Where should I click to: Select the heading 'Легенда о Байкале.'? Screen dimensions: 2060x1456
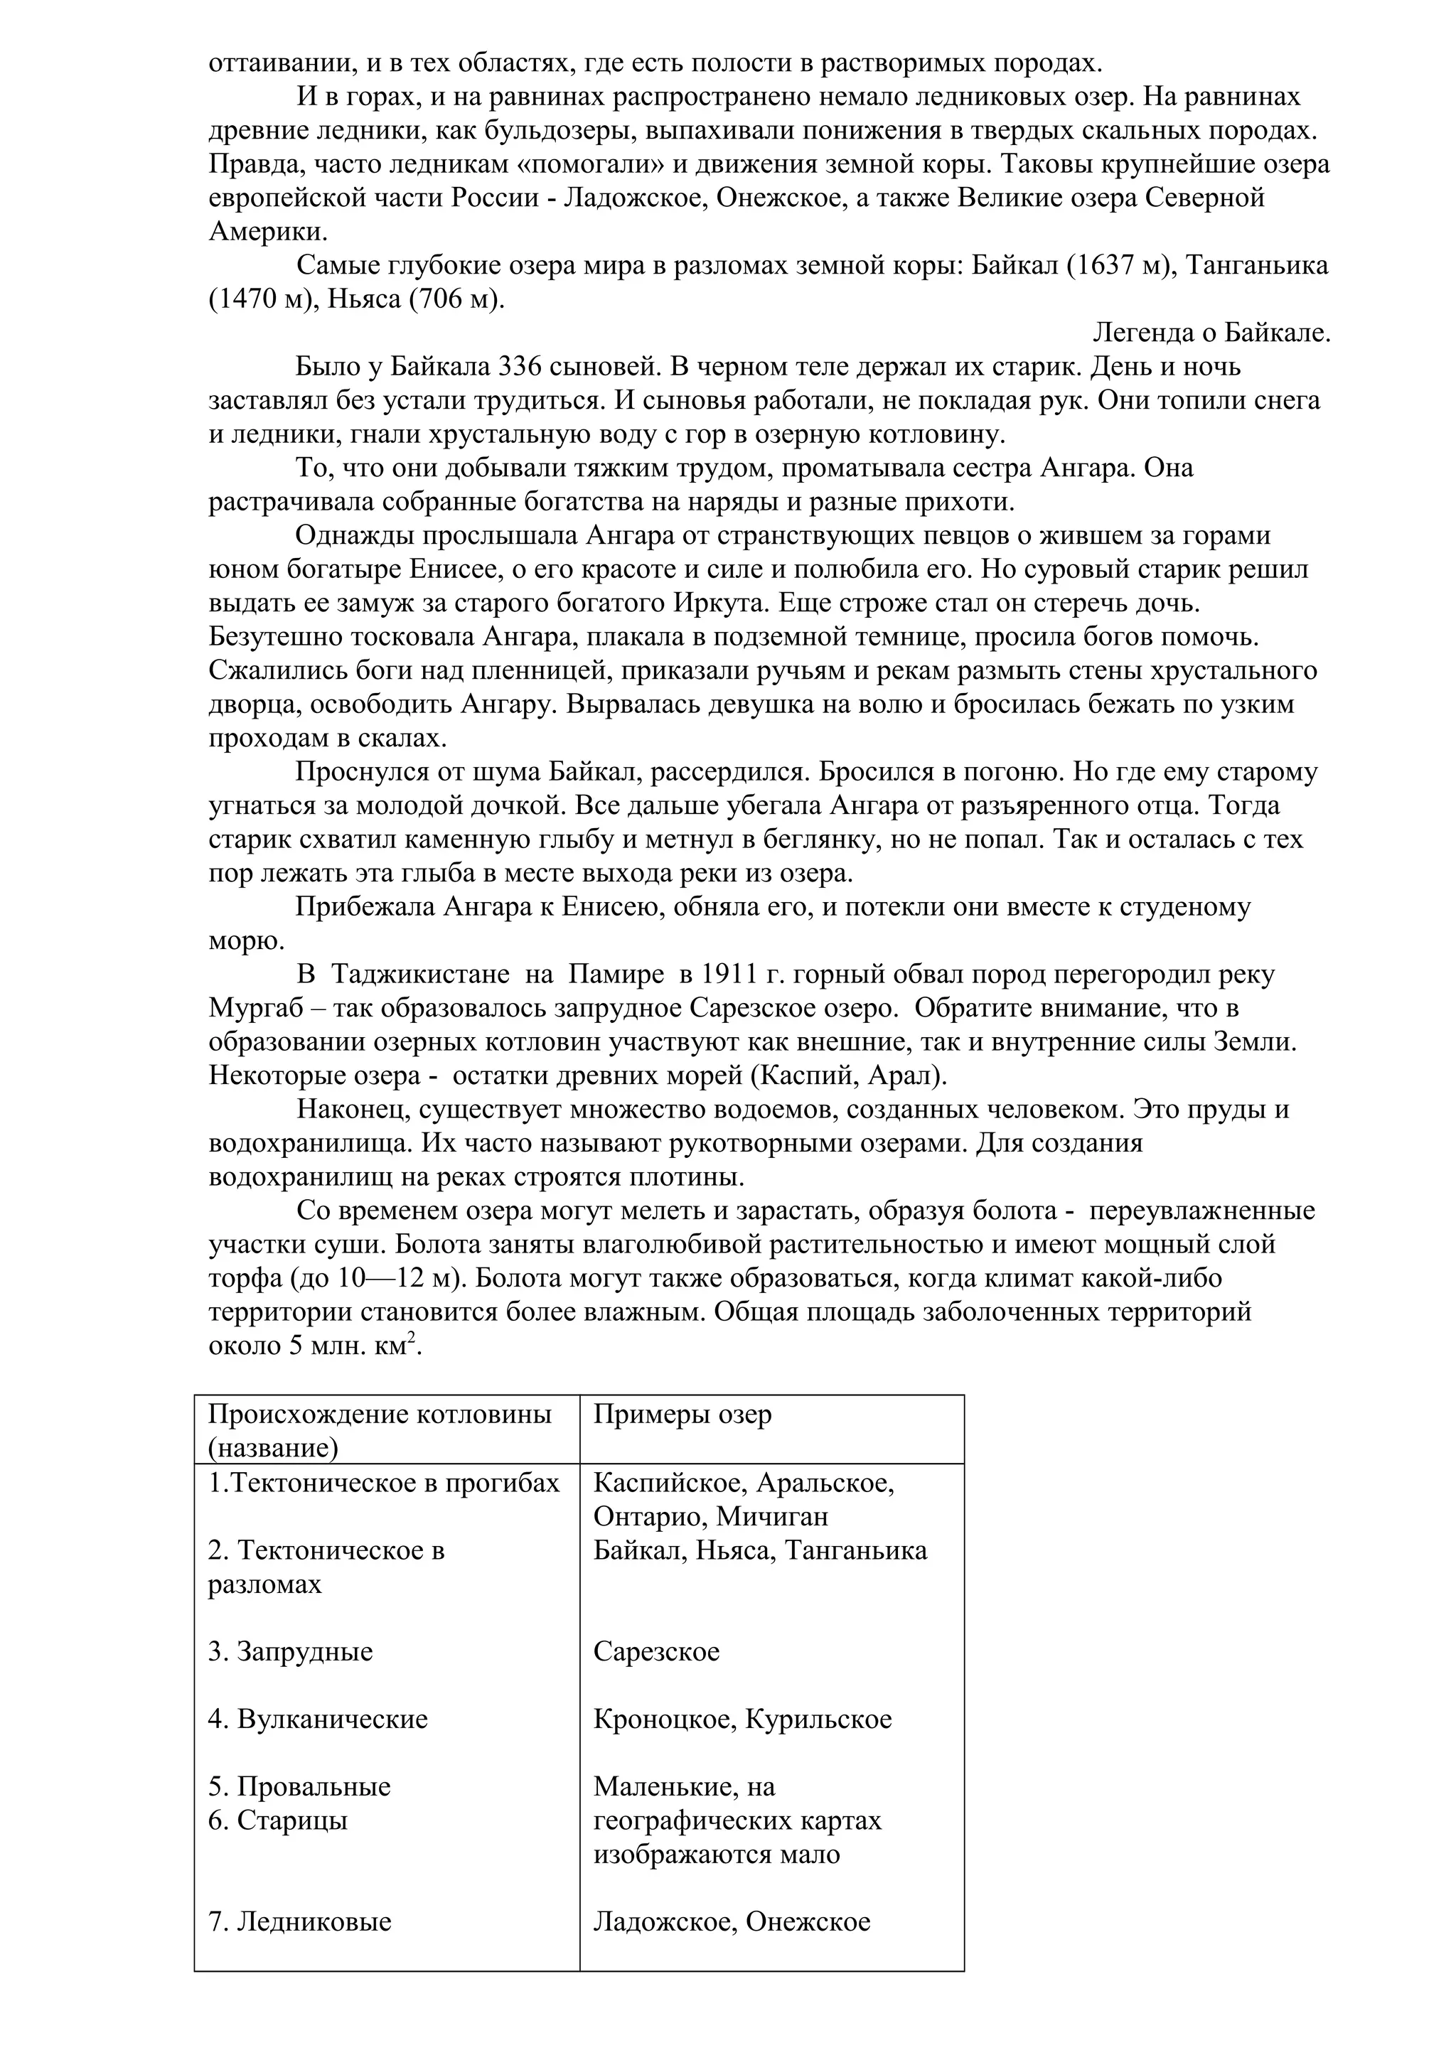pos(1211,333)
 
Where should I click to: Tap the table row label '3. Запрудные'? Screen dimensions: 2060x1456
pos(291,1652)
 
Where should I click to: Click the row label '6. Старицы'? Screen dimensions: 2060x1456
pos(278,1820)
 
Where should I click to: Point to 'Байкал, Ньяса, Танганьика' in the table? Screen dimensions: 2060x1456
pos(760,1550)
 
